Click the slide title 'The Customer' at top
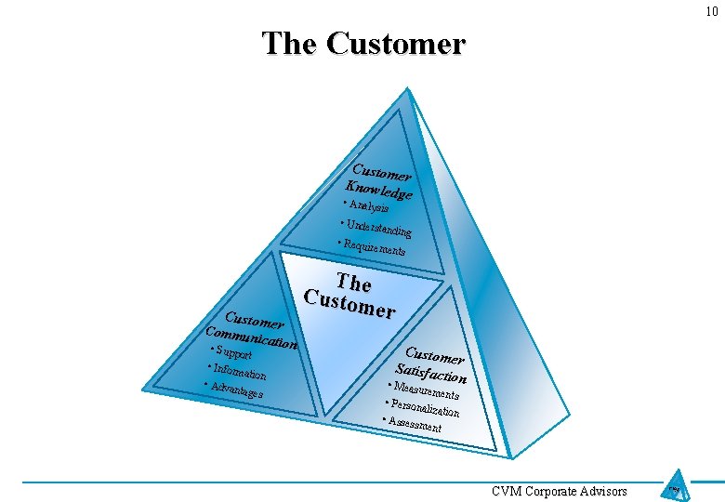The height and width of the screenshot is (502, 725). point(363,44)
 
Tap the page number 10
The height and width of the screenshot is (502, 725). point(711,11)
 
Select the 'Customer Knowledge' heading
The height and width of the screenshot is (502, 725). point(379,181)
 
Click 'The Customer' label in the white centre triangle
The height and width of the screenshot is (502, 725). point(351,296)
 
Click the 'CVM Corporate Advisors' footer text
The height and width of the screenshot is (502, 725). point(560,491)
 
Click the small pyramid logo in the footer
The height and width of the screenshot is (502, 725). point(677,487)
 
